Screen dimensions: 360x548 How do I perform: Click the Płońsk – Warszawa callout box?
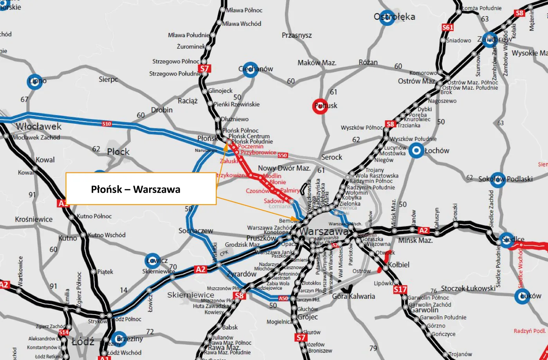click(x=141, y=189)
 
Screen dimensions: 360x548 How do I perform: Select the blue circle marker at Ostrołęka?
click(x=387, y=18)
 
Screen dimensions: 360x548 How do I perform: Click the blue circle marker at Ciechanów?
click(x=250, y=69)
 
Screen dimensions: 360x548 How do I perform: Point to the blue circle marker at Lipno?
click(x=34, y=81)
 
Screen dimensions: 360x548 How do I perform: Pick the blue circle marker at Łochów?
click(x=416, y=150)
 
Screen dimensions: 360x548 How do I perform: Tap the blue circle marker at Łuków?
click(x=522, y=296)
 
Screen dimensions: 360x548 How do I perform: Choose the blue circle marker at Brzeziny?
click(x=119, y=339)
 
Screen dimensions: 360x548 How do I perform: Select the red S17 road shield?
click(x=400, y=289)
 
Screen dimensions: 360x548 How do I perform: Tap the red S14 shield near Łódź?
click(x=64, y=333)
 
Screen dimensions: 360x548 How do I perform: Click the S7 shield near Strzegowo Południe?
click(x=204, y=69)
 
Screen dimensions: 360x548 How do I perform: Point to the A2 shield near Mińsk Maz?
click(x=424, y=230)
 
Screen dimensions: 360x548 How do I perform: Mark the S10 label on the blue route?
click(x=106, y=124)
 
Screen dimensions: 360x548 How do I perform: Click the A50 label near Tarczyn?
click(x=283, y=298)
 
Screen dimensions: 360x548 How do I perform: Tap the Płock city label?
click(x=118, y=152)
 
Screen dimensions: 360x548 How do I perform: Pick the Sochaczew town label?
click(x=196, y=230)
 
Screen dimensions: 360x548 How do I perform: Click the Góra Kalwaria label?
click(x=353, y=296)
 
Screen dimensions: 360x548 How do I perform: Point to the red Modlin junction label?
click(x=272, y=176)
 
